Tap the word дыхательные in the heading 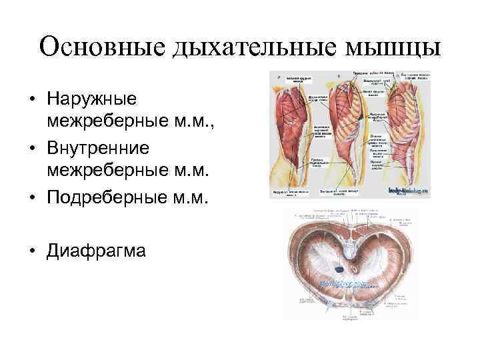(x=242, y=47)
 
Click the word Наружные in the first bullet (x=92, y=100)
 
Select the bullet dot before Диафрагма (x=32, y=253)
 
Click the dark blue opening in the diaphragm (x=339, y=269)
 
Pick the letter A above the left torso (x=277, y=77)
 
